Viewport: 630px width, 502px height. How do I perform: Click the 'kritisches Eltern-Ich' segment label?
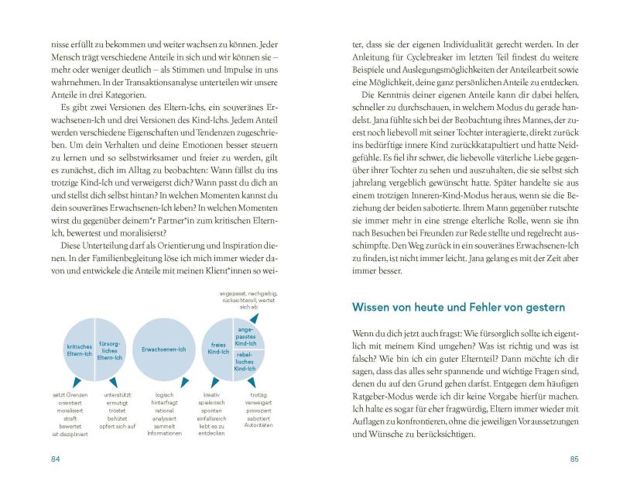pyautogui.click(x=79, y=350)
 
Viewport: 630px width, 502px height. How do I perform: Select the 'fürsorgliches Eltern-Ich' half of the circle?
pyautogui.click(x=109, y=350)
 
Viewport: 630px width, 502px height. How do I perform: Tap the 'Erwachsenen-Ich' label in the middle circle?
pyautogui.click(x=163, y=349)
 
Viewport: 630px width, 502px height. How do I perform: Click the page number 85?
pyautogui.click(x=574, y=459)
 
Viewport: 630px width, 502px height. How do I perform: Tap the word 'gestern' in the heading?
pyautogui.click(x=542, y=308)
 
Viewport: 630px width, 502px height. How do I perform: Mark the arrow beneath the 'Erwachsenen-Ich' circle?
pyautogui.click(x=163, y=383)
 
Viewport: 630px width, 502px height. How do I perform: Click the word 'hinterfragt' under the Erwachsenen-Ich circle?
pyautogui.click(x=164, y=402)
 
